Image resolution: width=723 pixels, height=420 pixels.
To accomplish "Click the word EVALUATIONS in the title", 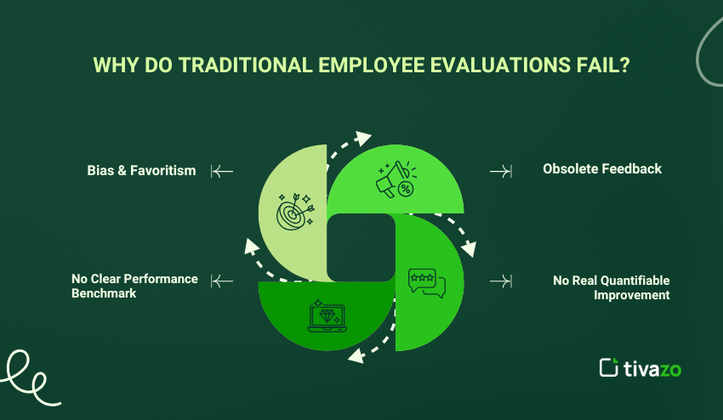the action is coord(500,65).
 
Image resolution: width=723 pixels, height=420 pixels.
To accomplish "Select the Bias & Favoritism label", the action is coord(141,171).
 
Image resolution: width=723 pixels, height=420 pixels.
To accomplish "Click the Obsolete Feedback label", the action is coord(602,168).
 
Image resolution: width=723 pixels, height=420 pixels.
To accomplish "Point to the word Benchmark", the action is coord(104,293).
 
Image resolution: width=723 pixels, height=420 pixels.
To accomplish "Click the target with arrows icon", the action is coord(295,212).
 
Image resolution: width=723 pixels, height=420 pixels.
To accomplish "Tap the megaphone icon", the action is coord(396,179).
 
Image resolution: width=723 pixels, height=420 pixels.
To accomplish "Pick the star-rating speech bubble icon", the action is coord(427,283).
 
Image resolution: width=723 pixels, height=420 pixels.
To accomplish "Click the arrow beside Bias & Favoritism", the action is coord(222,171).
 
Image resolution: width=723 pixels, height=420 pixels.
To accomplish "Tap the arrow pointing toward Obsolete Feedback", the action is coord(501,172).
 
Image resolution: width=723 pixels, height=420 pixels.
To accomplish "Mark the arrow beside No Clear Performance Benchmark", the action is coord(222,281).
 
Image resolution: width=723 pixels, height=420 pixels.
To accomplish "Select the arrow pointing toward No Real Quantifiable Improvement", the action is coord(501,281).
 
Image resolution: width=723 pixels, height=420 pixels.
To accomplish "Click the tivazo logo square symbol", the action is coord(609,367).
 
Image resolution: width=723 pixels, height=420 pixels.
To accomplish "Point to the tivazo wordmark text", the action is coord(652,369).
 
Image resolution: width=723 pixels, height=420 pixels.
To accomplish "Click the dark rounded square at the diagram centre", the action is coord(361,247).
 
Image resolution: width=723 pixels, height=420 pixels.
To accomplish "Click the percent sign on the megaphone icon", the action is coord(405,189).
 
